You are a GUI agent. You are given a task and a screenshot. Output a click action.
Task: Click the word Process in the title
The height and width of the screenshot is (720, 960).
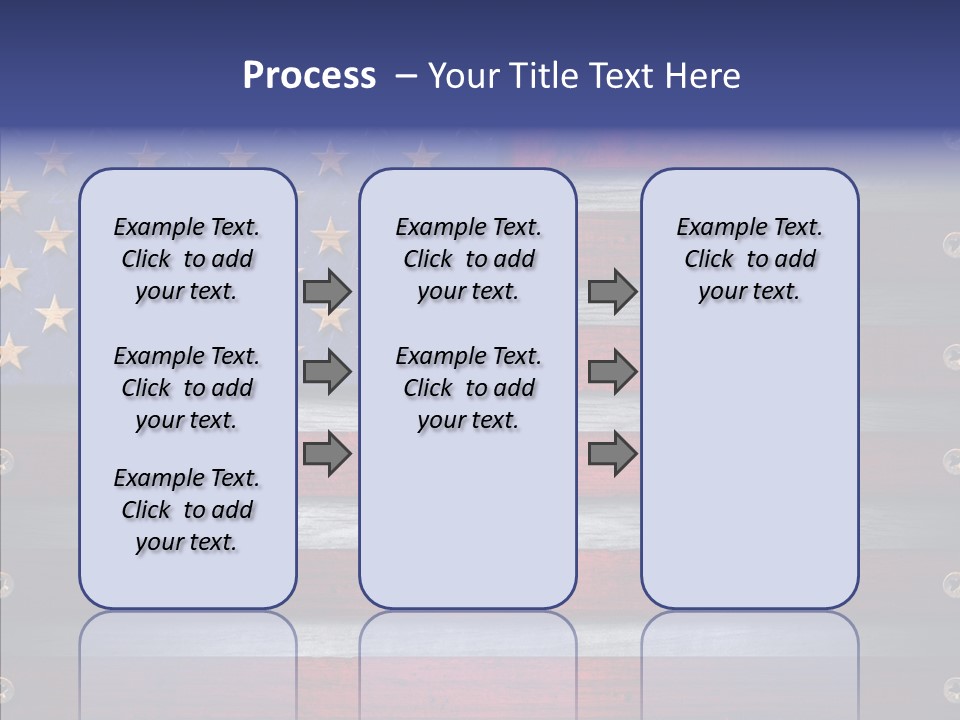[x=309, y=76]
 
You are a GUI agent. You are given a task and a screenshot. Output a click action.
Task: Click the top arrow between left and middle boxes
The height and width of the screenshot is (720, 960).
[x=327, y=291]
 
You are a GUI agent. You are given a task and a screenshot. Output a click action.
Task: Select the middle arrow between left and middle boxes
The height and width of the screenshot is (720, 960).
[x=327, y=372]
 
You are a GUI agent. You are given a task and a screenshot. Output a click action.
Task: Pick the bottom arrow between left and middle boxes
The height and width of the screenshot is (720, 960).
[x=327, y=453]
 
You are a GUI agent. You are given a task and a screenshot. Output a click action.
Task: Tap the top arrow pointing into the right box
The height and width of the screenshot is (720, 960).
[x=612, y=291]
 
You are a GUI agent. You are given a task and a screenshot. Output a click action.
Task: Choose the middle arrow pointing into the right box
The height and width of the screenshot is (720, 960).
[x=612, y=372]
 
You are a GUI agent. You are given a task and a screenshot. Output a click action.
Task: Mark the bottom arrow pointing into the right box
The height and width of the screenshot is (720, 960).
[x=612, y=453]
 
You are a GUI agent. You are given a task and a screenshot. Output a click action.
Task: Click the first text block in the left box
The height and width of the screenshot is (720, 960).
[x=187, y=259]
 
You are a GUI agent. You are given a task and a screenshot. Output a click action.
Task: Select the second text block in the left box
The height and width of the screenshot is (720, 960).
[x=187, y=388]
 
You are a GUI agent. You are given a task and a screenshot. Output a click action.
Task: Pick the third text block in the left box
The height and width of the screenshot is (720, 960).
[x=187, y=510]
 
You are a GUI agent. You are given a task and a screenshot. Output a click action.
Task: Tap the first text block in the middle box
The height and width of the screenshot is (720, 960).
[x=468, y=259]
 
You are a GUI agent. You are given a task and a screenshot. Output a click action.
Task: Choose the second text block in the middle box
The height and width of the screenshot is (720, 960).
[x=468, y=388]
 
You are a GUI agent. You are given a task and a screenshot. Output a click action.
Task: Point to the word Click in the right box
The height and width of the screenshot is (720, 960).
[x=709, y=260]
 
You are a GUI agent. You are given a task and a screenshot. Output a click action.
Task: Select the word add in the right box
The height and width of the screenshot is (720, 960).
[x=796, y=260]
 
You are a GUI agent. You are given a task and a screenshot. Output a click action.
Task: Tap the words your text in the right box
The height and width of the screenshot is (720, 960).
[x=749, y=292]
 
